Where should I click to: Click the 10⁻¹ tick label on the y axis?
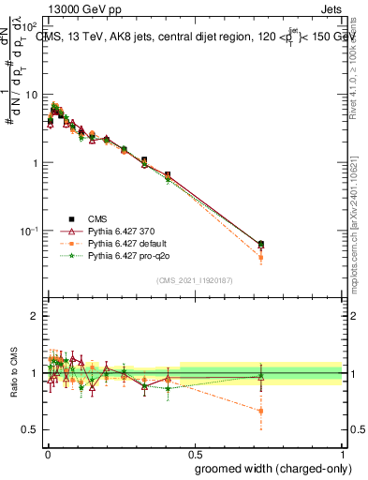(29, 231)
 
